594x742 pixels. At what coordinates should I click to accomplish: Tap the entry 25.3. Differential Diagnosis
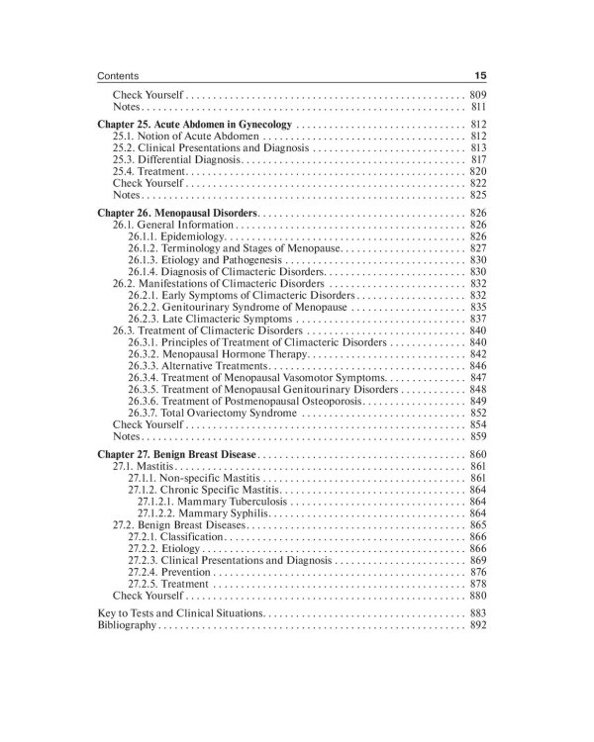point(176,158)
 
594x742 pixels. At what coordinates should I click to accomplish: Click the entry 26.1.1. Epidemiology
point(177,236)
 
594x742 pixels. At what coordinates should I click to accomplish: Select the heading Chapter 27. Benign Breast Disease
point(178,452)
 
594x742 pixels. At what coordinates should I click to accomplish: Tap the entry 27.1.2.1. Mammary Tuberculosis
point(214,501)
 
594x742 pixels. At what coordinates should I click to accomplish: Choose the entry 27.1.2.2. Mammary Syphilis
point(203,512)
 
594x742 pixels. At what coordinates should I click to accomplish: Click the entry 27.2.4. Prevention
point(169,572)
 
